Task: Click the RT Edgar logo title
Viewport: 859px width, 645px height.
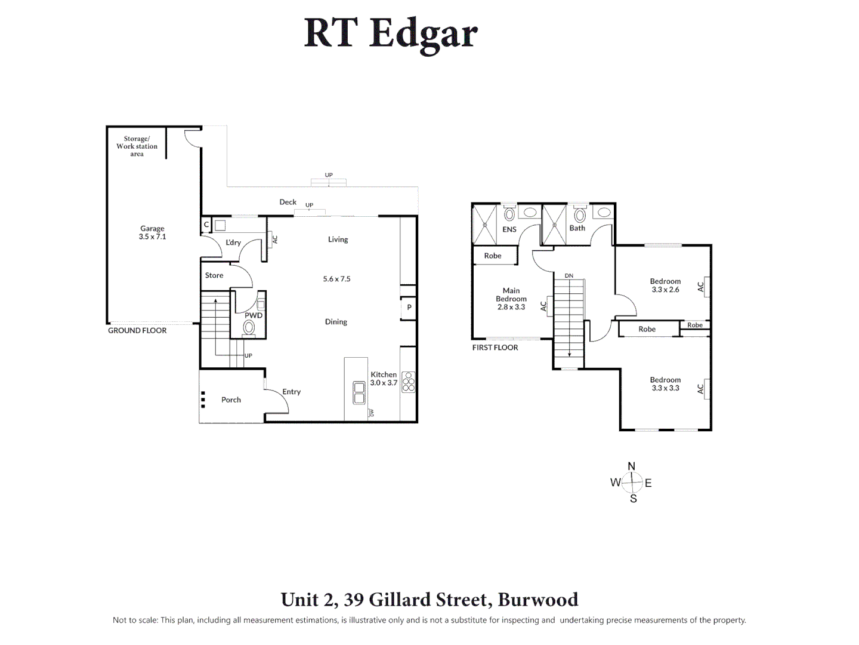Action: [391, 33]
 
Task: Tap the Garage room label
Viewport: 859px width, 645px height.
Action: [152, 228]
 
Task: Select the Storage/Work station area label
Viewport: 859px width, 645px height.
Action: [137, 146]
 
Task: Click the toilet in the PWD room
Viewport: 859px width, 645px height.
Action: [249, 327]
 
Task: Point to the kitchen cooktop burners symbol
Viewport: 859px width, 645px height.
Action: [408, 382]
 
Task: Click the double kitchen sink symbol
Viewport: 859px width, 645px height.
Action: [359, 393]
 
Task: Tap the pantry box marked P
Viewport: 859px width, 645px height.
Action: [409, 308]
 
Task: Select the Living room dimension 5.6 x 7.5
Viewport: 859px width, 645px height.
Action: [336, 279]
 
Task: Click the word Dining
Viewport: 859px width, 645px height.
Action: [336, 322]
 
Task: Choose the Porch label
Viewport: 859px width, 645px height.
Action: [231, 400]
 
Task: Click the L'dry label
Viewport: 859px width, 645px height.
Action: [233, 242]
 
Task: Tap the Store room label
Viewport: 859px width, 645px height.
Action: [214, 275]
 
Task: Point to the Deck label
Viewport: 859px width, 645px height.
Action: [288, 202]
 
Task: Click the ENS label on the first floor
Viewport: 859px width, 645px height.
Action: [509, 229]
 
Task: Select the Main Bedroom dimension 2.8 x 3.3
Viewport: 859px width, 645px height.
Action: [511, 307]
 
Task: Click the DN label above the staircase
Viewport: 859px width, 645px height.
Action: [569, 276]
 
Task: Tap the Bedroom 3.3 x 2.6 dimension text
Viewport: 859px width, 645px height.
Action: [665, 290]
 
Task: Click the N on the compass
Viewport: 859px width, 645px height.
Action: [632, 466]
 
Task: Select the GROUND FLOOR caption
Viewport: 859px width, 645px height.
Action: [137, 330]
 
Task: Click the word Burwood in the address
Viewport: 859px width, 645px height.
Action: [537, 600]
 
